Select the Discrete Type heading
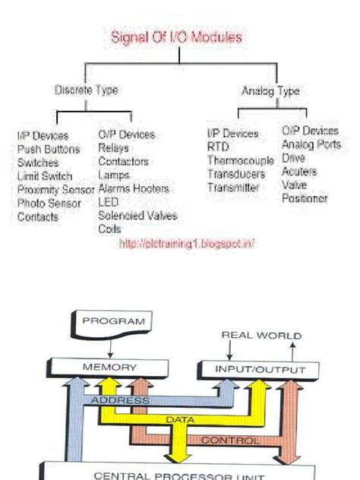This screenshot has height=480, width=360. pos(86,90)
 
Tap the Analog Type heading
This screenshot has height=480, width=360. pos(270,91)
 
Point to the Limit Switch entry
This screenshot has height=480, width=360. pos(45,176)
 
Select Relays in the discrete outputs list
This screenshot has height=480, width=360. pos(113,148)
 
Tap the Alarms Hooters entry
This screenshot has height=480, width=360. pos(134,188)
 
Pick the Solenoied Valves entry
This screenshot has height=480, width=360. pos(137,216)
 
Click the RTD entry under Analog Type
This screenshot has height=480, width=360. pos(217,147)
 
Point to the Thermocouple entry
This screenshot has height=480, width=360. pos(240,160)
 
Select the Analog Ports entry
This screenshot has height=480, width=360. pos(311,144)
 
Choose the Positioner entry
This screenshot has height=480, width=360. pos(305,198)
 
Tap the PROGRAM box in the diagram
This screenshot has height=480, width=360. pos(113,321)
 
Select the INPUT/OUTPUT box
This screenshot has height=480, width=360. pos(261,370)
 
